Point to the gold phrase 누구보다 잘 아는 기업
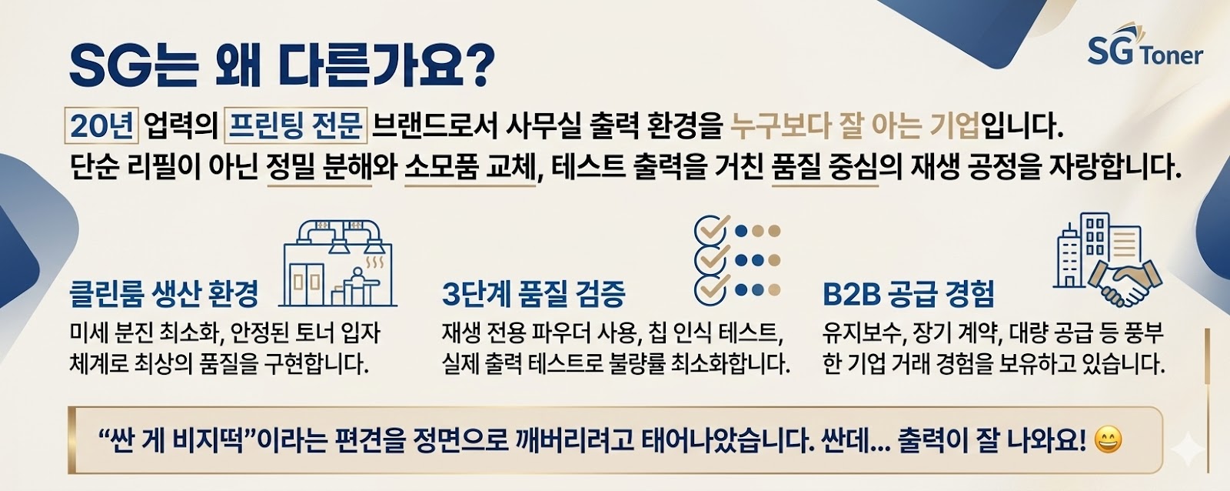855,126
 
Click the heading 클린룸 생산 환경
164,293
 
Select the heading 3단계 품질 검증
534,293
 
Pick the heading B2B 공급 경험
908,293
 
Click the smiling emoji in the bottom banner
1108,440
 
